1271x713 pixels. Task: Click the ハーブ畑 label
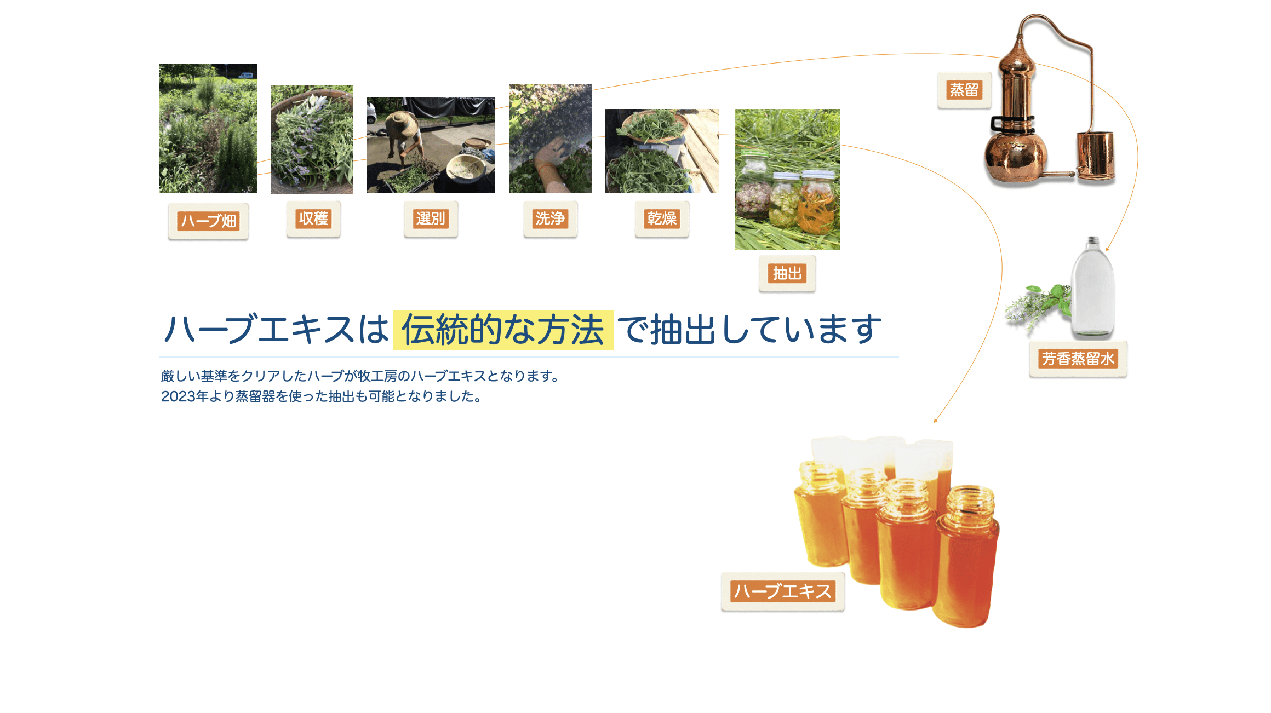(208, 221)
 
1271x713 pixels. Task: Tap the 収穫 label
(313, 219)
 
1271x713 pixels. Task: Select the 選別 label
(431, 219)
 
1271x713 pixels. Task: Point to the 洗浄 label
(550, 219)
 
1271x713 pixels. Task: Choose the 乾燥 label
(662, 219)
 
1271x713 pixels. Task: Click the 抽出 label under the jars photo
(787, 273)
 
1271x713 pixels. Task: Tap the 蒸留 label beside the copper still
(964, 90)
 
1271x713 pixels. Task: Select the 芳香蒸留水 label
(1078, 359)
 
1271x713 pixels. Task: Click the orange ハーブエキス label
(783, 591)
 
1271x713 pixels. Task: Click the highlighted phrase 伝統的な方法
(503, 330)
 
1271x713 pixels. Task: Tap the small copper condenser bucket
(1096, 156)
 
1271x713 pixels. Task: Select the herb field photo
(208, 128)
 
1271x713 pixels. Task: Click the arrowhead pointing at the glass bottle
(1107, 249)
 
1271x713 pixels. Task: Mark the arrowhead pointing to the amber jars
(936, 420)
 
